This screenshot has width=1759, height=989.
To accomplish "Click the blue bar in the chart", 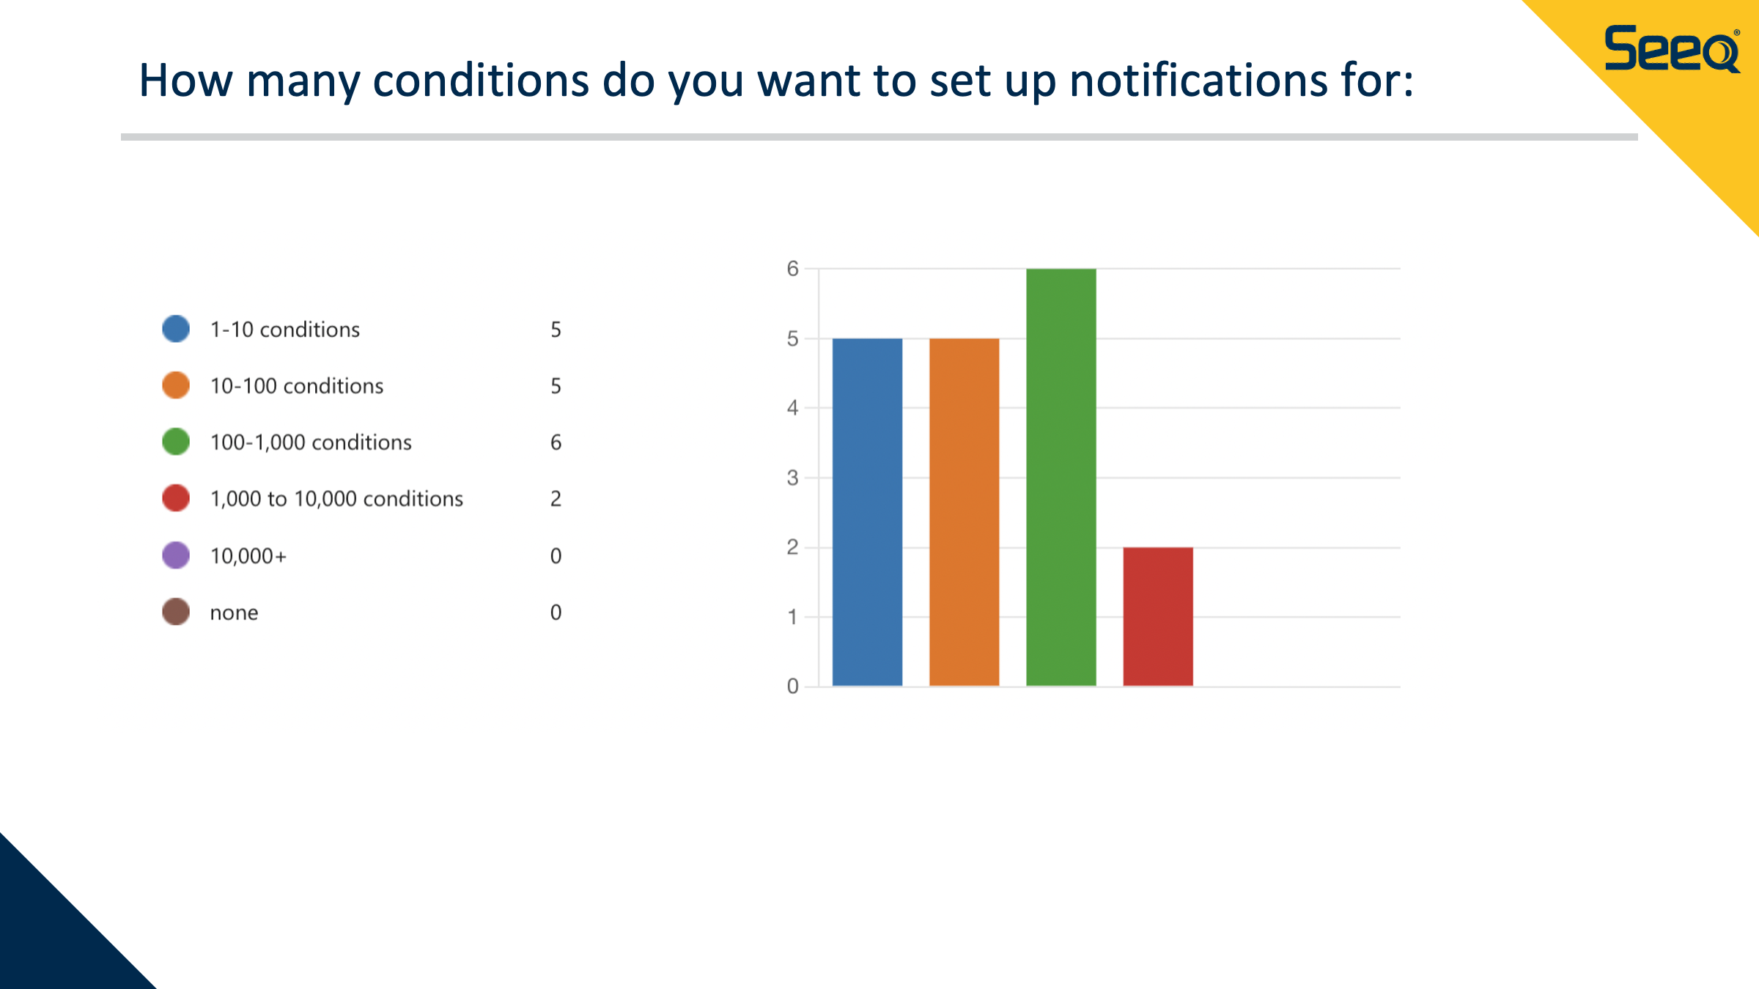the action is pos(867,512).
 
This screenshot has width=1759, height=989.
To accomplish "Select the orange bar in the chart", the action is pos(964,512).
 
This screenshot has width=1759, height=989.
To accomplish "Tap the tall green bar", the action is pos(1061,478).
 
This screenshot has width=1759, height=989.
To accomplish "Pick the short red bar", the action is pos(1158,617).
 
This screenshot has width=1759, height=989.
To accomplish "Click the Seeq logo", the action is pos(1672,48).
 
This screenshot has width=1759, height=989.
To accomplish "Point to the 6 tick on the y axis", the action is pos(792,269).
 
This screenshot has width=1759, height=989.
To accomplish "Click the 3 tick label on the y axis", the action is pos(792,478).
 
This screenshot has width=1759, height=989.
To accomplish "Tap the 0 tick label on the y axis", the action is pos(792,686).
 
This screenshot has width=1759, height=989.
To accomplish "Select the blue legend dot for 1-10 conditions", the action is pos(176,329).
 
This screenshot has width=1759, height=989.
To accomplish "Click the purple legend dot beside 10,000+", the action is pos(176,555).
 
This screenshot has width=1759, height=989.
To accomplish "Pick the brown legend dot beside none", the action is pos(176,612).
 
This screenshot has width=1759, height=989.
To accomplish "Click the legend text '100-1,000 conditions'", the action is pos(311,442).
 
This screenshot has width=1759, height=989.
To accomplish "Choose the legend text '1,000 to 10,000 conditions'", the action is pos(336,499).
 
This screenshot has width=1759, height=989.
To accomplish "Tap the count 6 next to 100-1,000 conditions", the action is pos(556,442).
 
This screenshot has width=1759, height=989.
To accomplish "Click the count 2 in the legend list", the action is pos(556,499).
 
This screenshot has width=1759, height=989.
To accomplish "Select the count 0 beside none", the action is pos(556,612).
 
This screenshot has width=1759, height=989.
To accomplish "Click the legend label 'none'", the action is pos(234,612).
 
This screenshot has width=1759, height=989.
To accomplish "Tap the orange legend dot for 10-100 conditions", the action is pos(176,385).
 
